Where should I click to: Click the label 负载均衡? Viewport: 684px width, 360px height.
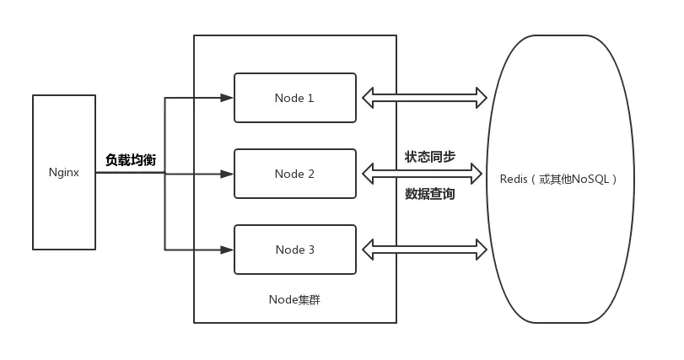(131, 159)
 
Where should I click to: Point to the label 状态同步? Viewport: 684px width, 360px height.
(430, 157)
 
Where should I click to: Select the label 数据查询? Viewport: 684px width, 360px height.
(430, 194)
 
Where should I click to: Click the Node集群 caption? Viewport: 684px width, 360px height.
(294, 299)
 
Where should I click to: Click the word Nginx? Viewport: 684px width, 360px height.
(64, 173)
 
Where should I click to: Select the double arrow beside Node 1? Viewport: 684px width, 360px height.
(425, 98)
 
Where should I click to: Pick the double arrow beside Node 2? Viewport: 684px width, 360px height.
(425, 175)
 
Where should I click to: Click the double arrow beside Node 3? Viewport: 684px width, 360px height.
(425, 250)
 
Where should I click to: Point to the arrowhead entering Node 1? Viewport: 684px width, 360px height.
(227, 98)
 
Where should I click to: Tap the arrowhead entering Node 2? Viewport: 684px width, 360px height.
(227, 174)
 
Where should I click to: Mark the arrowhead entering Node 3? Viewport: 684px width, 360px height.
(227, 250)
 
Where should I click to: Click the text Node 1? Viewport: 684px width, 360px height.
(294, 98)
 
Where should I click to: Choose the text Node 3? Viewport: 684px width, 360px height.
(294, 250)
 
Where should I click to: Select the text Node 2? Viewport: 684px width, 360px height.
(294, 174)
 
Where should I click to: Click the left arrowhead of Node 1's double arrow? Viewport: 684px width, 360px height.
(369, 98)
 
